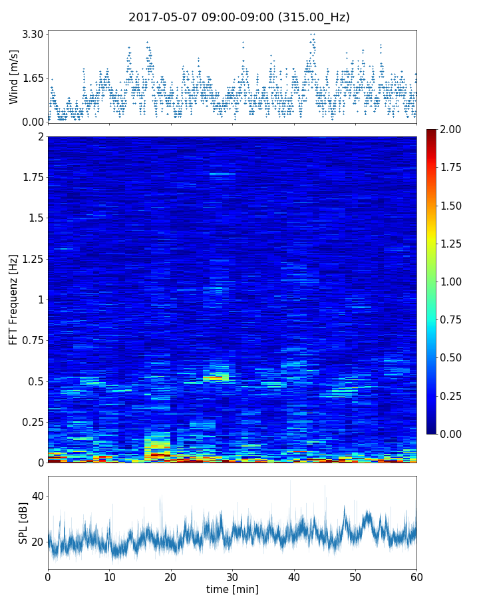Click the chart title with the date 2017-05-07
239,17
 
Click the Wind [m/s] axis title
14,79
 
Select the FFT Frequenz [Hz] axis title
14,299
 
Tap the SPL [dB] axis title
23,522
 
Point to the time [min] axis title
232,589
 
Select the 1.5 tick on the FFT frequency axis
34,218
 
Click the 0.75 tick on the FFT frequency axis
31,340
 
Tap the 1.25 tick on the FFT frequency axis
31,259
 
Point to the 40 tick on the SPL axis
37,496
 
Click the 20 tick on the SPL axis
37,542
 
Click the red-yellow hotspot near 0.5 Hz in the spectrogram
216,377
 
